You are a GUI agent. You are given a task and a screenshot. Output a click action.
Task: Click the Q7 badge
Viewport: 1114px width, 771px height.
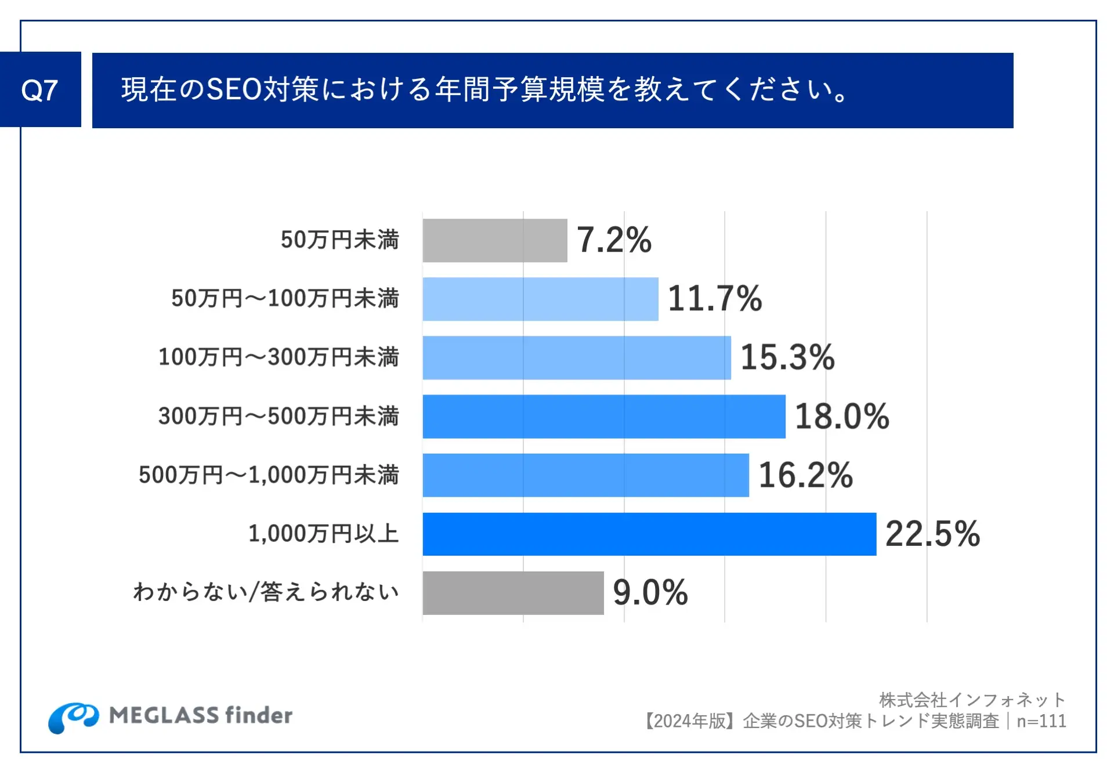(40, 90)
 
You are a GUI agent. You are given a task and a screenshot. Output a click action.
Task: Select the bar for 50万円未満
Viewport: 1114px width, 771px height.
(494, 240)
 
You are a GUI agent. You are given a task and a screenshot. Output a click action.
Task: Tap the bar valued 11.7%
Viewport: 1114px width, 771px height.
(540, 299)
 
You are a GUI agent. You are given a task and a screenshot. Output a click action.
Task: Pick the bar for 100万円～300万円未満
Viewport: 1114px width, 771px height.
(576, 357)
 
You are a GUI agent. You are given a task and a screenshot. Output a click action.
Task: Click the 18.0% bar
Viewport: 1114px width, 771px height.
(603, 417)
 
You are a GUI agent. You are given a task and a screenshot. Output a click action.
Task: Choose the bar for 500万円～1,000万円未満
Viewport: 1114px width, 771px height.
(585, 475)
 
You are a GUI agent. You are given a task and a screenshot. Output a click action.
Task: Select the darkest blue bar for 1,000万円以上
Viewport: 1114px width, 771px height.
(649, 534)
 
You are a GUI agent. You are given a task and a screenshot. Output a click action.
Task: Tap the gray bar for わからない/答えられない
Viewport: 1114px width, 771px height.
(513, 592)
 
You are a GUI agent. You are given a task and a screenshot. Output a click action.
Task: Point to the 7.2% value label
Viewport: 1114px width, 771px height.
(614, 240)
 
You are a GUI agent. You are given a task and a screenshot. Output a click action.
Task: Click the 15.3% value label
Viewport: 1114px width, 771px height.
(787, 357)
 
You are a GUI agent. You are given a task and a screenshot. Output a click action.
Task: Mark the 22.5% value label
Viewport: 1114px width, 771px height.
(932, 534)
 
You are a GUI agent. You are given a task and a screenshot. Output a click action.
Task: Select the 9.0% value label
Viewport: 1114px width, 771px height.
(650, 592)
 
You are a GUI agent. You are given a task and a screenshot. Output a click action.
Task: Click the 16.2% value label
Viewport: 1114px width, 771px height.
(805, 475)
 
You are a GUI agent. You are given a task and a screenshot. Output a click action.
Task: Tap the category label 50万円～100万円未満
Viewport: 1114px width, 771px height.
(285, 298)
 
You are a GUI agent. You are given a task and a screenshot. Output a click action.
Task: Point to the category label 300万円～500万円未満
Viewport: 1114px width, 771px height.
(278, 416)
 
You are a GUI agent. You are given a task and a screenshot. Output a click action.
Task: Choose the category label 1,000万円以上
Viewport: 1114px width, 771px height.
(323, 534)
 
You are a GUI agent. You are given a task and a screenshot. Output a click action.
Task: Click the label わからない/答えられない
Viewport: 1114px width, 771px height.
(266, 592)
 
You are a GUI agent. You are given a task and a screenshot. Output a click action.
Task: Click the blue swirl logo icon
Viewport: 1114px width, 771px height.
(73, 717)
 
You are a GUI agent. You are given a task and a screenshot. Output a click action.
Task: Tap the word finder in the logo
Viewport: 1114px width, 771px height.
(259, 715)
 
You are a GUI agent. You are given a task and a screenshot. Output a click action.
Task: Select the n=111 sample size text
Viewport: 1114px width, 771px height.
(1041, 721)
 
